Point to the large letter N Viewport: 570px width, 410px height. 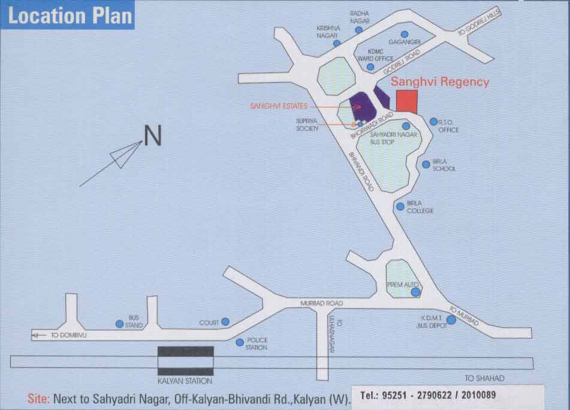pyautogui.click(x=153, y=135)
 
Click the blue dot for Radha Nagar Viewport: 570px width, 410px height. pyautogui.click(x=358, y=29)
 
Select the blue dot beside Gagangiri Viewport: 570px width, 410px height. pyautogui.click(x=405, y=34)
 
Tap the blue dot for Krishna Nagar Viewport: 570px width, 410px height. pyautogui.click(x=337, y=43)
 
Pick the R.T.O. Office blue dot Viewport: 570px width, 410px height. pyautogui.click(x=433, y=122)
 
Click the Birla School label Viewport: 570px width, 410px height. pyautogui.click(x=444, y=165)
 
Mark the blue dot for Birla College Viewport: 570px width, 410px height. pyautogui.click(x=400, y=206)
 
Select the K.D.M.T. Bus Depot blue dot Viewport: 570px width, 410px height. pyautogui.click(x=451, y=320)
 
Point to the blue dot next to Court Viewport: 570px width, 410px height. pyautogui.click(x=225, y=322)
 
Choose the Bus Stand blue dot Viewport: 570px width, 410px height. pyautogui.click(x=119, y=324)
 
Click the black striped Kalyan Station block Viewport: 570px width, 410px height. pyautogui.click(x=186, y=361)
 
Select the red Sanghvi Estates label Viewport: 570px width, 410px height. pyautogui.click(x=279, y=106)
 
